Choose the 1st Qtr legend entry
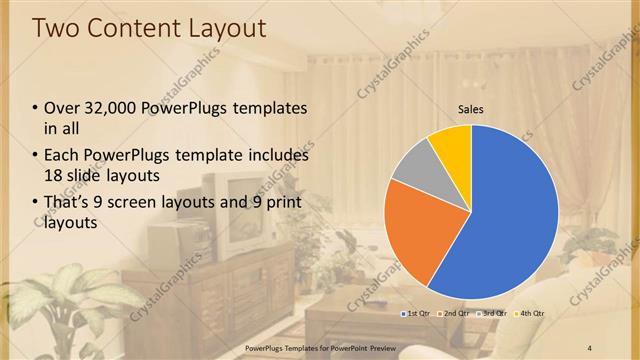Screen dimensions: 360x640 (416, 313)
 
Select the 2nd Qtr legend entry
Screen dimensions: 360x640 (455, 313)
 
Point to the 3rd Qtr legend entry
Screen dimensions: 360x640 (492, 313)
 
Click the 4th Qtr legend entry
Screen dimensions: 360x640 (530, 313)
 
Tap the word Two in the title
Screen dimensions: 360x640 (57, 28)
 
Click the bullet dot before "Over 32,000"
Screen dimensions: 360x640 (37, 108)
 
